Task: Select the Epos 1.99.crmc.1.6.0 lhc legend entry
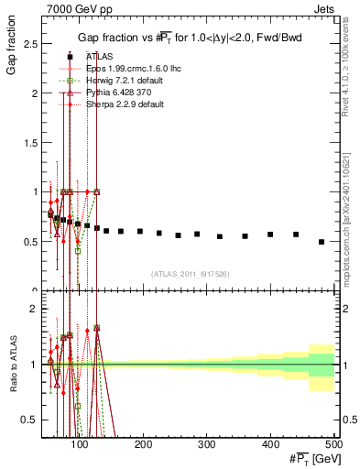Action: point(119,68)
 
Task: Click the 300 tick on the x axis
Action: point(206,445)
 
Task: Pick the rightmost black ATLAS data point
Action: point(322,242)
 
